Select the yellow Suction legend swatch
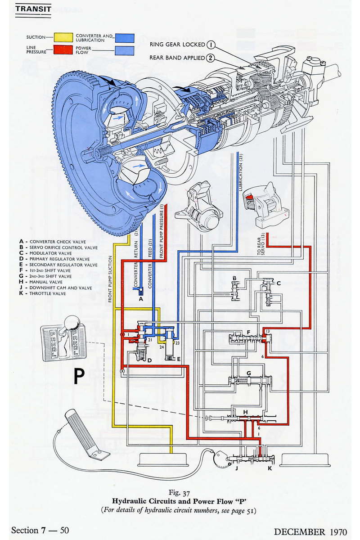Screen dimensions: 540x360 pos(63,37)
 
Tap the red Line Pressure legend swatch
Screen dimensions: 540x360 pos(63,49)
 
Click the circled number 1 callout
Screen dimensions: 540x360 pos(211,45)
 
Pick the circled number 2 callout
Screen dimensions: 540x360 pos(211,58)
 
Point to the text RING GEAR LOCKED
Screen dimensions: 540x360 pos(177,45)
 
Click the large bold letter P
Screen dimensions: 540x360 pos(79,376)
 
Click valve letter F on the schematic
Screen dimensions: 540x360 pos(248,333)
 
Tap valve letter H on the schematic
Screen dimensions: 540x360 pos(245,412)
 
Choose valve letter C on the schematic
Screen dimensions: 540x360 pos(279,283)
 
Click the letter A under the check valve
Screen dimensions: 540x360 pos(141,298)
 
